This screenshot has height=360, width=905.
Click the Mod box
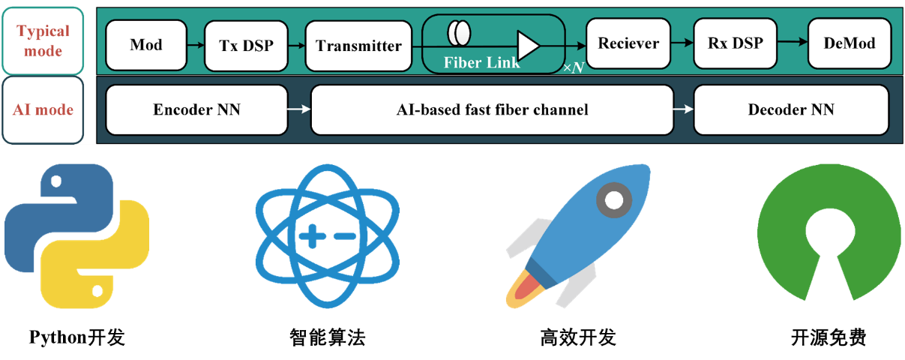tap(146, 44)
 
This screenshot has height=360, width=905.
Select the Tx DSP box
tap(246, 44)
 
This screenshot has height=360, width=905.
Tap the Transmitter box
tap(358, 45)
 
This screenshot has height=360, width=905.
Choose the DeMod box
tap(850, 43)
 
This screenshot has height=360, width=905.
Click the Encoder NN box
tap(197, 109)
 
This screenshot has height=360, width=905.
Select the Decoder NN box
tap(790, 109)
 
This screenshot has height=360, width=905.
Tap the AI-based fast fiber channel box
tap(492, 109)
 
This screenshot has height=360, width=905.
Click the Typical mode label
tap(43, 41)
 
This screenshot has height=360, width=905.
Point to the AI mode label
tap(43, 109)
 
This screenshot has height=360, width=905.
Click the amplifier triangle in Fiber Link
tap(528, 45)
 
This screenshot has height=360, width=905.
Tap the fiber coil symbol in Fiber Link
tap(459, 34)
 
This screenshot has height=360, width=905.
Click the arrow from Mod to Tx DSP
tap(195, 45)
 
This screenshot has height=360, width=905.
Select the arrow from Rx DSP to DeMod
tap(793, 43)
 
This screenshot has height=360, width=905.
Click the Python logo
tap(76, 237)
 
